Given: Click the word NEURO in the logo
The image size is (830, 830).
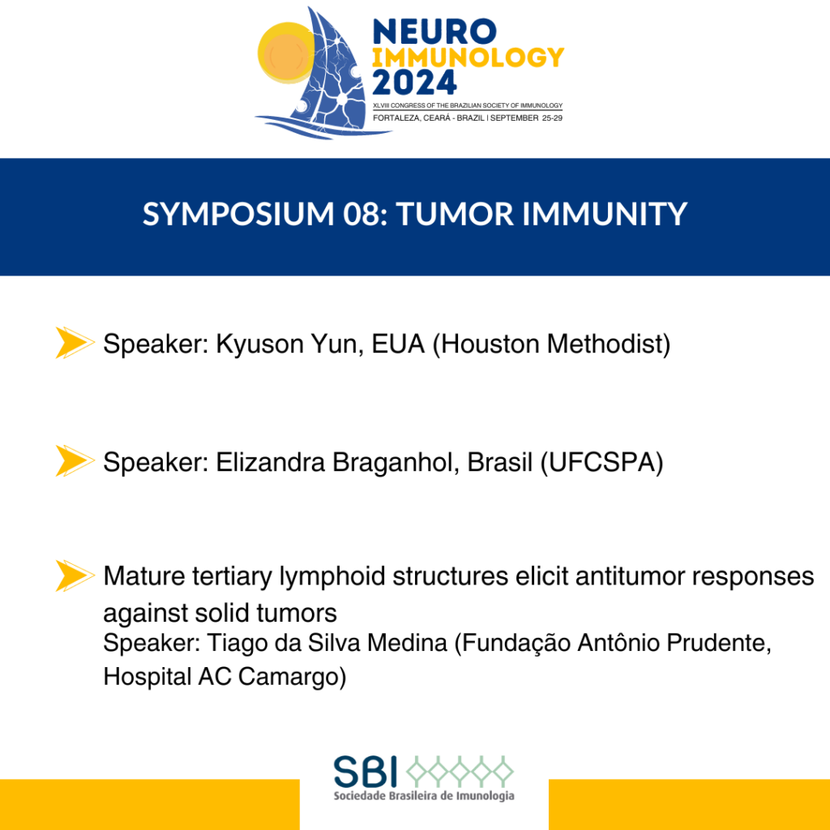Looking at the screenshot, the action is click(434, 32).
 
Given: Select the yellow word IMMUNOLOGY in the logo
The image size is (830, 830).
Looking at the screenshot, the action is click(468, 58).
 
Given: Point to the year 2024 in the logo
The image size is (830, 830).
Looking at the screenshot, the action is click(414, 82).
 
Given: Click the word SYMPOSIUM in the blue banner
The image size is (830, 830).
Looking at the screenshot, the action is click(238, 214).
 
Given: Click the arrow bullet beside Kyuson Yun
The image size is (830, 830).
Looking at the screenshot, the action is click(75, 343).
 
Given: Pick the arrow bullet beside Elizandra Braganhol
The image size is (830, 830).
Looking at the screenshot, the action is click(75, 460).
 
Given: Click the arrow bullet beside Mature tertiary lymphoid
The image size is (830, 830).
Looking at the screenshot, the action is click(75, 575).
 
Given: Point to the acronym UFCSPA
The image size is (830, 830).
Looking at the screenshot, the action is click(601, 463).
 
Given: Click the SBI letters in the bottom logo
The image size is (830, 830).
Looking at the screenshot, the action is click(366, 772).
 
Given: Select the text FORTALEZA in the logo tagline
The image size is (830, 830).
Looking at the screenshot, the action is click(396, 118).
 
